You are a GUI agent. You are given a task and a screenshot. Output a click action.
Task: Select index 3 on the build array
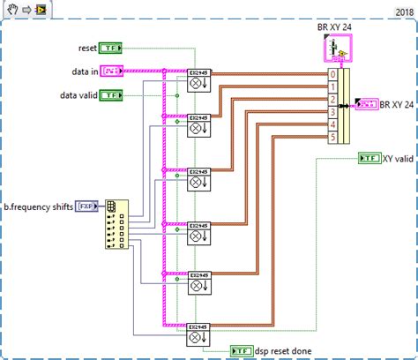pos(332,112)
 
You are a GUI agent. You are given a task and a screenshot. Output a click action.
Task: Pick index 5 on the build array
pos(332,138)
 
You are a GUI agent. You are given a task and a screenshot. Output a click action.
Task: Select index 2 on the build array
pos(332,100)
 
